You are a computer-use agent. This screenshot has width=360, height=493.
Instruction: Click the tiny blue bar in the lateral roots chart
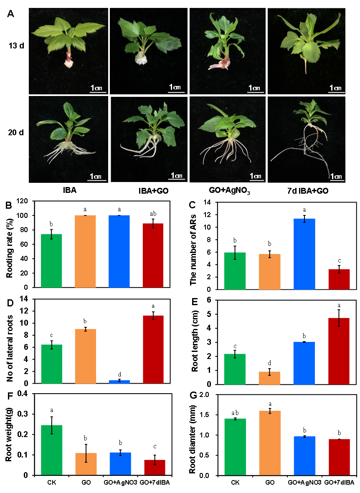click(x=119, y=382)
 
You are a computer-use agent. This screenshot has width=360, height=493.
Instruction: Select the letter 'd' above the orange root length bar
click(x=270, y=363)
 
